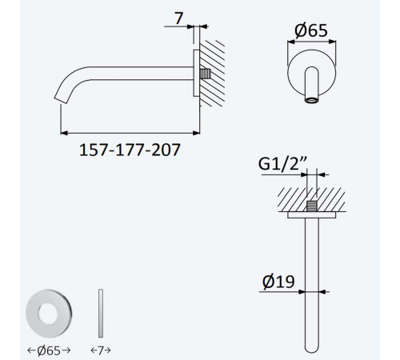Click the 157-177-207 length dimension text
click(130, 150)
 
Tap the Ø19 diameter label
click(278, 282)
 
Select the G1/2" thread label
click(283, 163)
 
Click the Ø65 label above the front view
click(311, 30)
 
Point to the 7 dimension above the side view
click(178, 18)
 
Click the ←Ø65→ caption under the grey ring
click(49, 350)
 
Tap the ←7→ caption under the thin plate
click(101, 350)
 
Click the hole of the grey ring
click(48, 314)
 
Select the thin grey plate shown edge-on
click(101, 313)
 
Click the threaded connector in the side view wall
click(206, 74)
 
